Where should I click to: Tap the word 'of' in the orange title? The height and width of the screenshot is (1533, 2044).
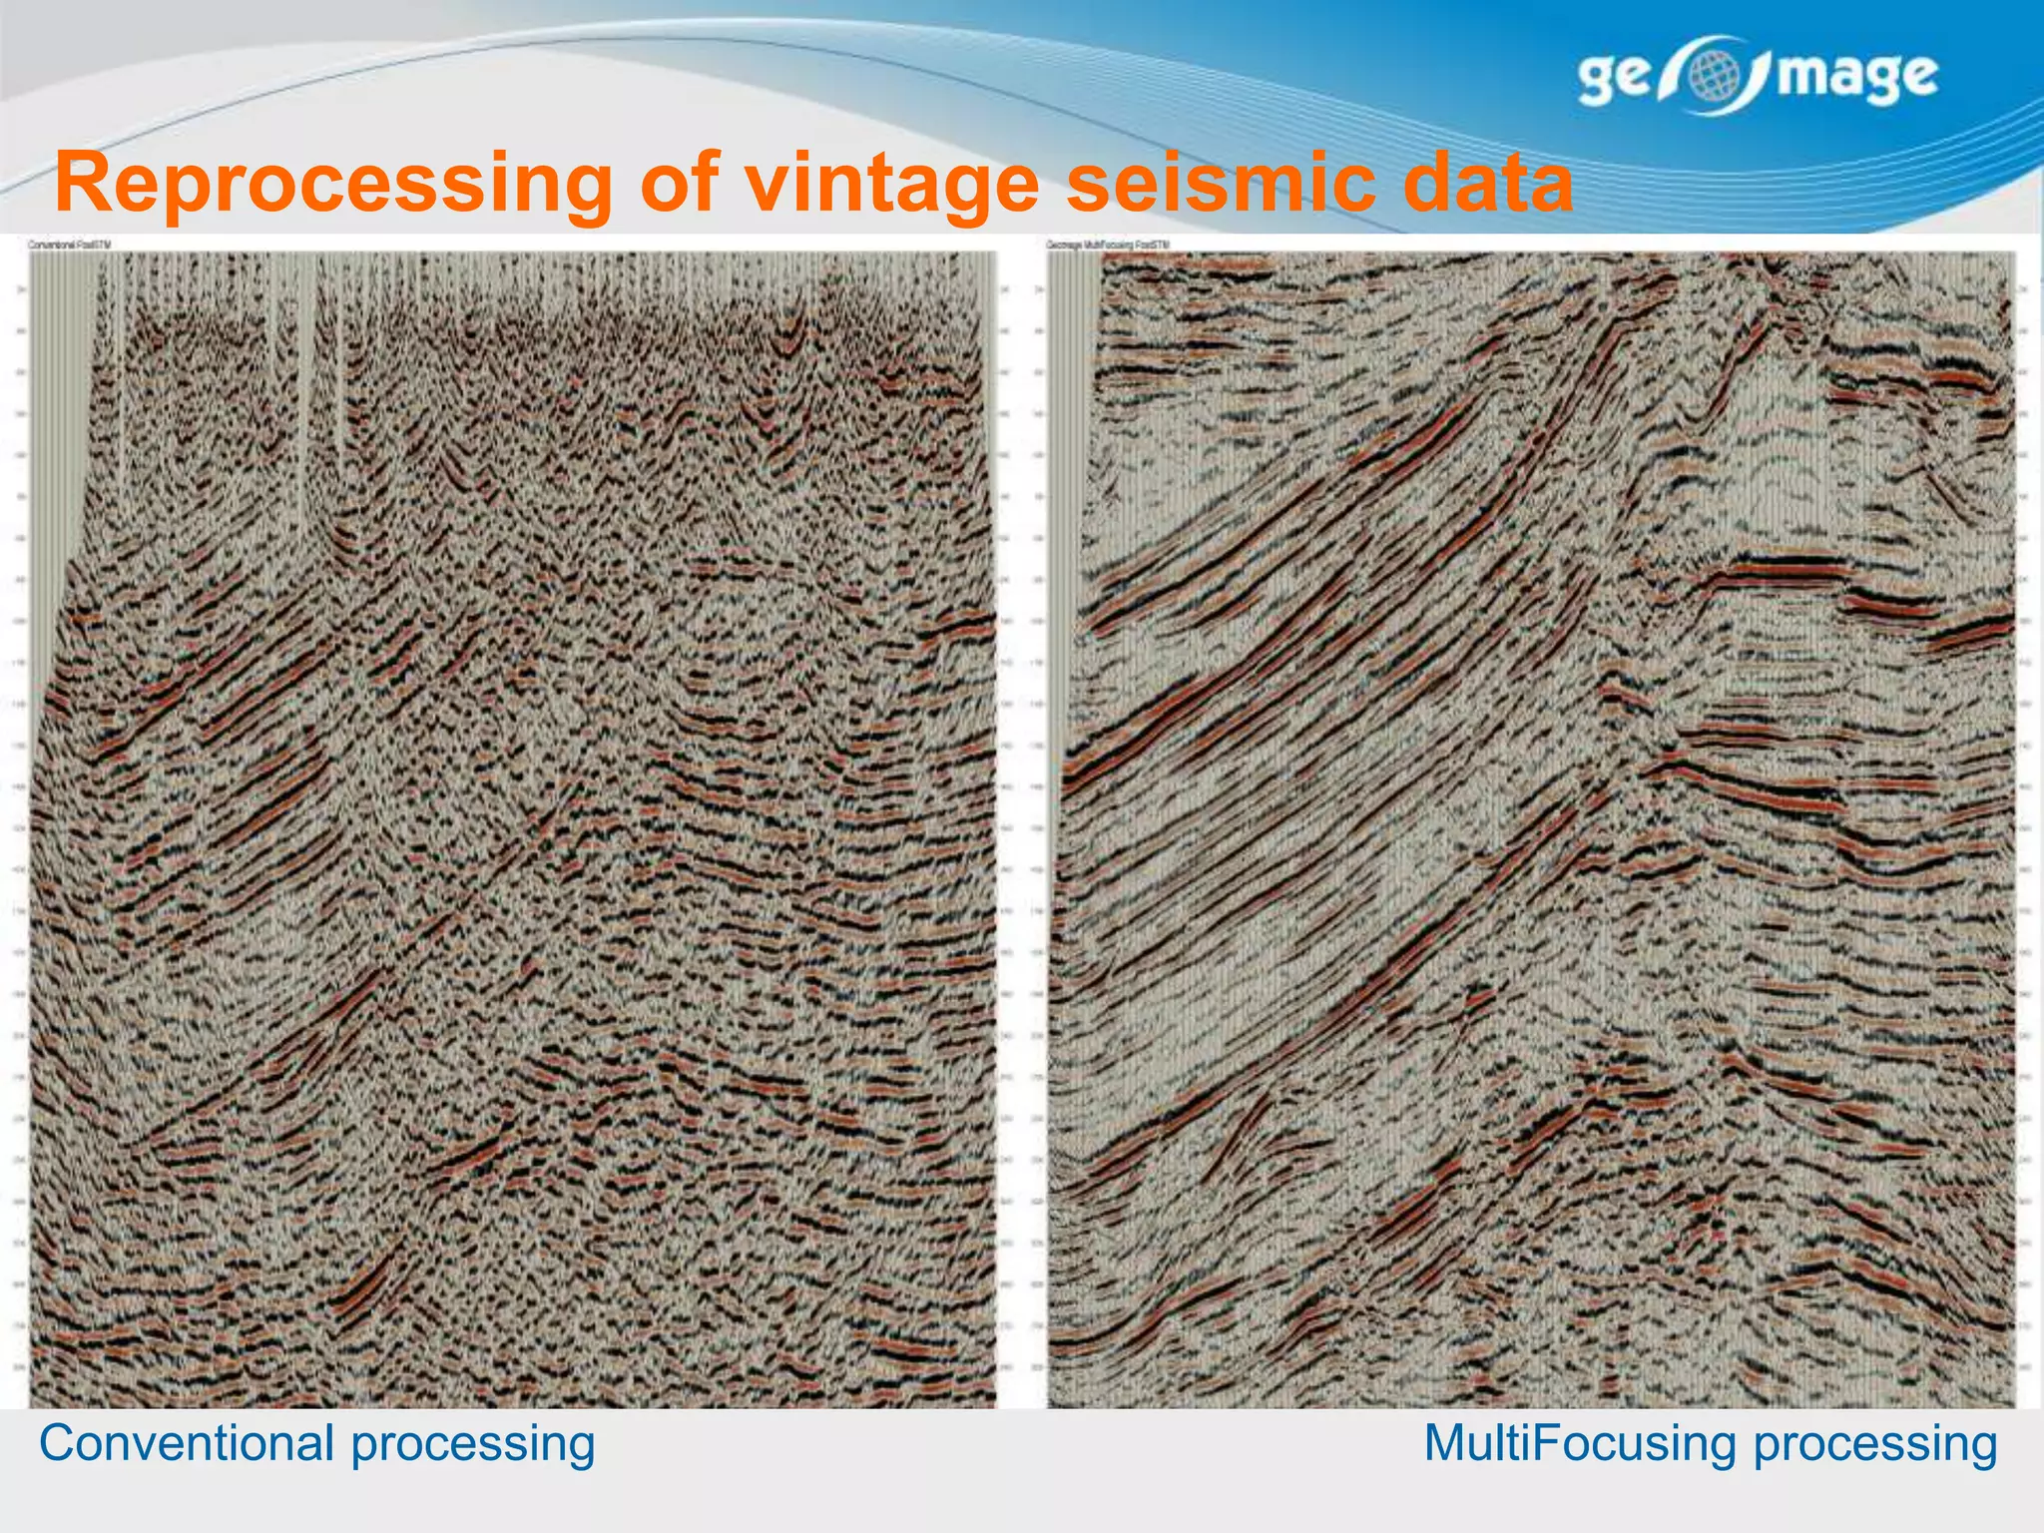pos(679,182)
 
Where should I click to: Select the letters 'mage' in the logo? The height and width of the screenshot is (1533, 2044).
pos(1857,78)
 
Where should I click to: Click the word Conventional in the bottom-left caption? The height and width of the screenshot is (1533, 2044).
pos(186,1443)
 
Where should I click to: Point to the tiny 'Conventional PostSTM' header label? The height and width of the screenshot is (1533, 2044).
pos(70,245)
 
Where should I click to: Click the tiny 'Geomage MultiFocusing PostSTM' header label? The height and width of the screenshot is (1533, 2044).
pos(1108,245)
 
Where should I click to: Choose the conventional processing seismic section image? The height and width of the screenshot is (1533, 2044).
pos(513,828)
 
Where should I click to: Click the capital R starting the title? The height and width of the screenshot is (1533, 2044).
pos(83,182)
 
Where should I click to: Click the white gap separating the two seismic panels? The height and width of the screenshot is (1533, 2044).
pos(1022,828)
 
